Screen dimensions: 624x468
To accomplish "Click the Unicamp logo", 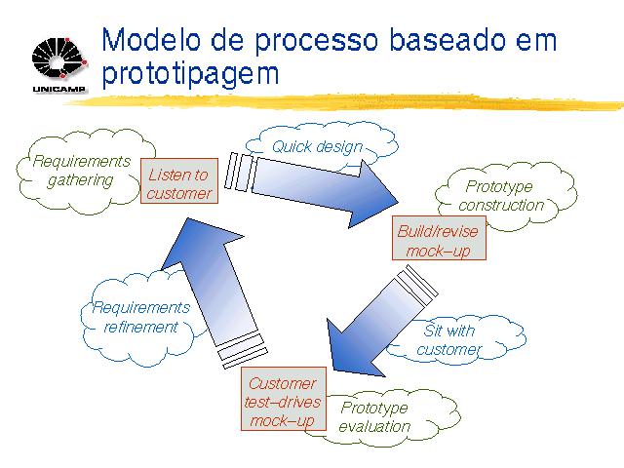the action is [58, 64].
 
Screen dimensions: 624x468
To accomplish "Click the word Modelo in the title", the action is [151, 40].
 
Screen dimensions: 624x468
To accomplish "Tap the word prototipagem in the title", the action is [190, 74].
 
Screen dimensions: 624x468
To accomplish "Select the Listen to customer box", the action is [179, 181].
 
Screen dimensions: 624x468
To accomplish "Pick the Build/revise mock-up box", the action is [439, 238].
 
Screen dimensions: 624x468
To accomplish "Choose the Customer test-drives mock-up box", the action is [284, 399].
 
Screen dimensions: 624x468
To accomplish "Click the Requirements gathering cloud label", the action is [81, 171].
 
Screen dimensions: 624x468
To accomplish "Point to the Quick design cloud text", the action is [317, 147].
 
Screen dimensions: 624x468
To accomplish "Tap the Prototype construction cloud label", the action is [500, 196].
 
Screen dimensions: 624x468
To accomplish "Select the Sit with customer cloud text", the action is [448, 340].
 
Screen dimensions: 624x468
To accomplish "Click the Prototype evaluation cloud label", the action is [374, 417].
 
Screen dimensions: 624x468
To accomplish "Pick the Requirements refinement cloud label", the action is [140, 317].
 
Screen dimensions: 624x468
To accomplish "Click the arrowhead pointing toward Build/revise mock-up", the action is [373, 195].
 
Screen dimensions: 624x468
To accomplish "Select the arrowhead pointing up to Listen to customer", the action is [199, 244].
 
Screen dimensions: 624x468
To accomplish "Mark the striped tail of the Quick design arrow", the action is [241, 172].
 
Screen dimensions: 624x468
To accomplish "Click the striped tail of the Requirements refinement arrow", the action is [242, 350].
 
